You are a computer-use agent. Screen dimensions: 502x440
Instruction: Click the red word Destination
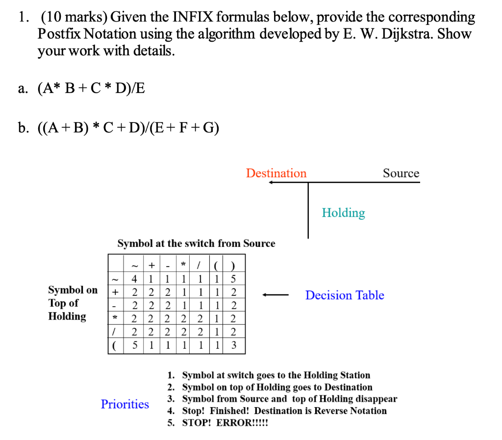276,173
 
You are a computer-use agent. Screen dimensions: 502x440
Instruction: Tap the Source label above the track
401,173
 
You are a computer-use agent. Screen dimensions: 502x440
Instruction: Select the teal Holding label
343,213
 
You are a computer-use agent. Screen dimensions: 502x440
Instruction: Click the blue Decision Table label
345,295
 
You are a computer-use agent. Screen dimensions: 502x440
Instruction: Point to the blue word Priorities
125,404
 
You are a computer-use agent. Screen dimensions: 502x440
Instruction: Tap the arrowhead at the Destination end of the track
271,183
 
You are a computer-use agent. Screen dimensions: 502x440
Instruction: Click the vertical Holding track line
308,211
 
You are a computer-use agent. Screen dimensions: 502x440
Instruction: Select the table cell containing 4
134,278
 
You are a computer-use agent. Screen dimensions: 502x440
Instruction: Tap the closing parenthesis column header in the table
234,266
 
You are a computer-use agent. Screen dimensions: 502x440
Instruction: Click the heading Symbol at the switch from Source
196,244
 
